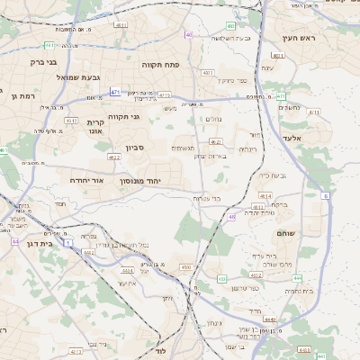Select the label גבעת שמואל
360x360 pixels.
[x=60, y=78]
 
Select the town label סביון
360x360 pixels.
[x=135, y=147]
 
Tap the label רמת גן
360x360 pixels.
[x=22, y=95]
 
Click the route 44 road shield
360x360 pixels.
[x=15, y=241]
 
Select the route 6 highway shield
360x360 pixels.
[x=323, y=194]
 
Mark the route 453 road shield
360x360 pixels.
[x=186, y=267]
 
